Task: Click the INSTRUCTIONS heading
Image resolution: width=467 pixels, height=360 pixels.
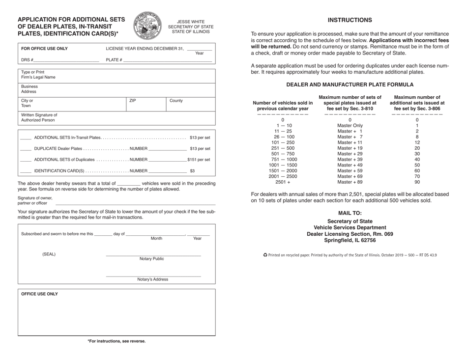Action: click(350, 20)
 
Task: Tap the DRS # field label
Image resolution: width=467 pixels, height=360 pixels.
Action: click(27, 60)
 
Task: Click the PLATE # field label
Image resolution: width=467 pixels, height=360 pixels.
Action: click(114, 60)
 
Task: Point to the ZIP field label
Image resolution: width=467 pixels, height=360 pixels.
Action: click(132, 101)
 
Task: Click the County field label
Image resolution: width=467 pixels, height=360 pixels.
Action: click(176, 101)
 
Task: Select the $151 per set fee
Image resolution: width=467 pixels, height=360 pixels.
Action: click(199, 160)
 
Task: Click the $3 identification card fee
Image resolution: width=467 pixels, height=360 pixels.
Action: click(192, 171)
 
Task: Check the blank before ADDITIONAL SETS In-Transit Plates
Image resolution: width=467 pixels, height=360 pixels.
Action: click(26, 138)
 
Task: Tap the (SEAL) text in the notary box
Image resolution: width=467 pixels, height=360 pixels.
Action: click(49, 254)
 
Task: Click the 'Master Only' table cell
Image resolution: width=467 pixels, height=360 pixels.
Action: click(350, 125)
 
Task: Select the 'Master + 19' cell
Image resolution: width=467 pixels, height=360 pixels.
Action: click(350, 148)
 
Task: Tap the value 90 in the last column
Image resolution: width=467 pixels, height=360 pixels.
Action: click(417, 182)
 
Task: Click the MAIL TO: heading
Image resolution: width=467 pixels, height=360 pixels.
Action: click(350, 214)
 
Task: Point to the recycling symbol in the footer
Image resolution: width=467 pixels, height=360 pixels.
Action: click(265, 255)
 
